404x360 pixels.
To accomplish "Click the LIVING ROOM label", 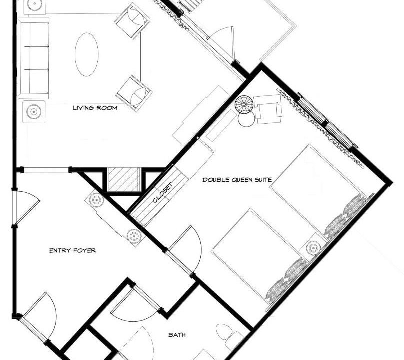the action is (95, 108).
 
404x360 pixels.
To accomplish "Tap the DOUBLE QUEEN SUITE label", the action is (237, 179).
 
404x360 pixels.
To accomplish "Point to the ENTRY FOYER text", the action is (72, 250).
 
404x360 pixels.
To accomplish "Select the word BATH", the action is (177, 335).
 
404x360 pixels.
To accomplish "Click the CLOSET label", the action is (162, 193).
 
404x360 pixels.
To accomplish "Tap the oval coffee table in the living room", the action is (87, 54).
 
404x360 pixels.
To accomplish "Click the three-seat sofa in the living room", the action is (34, 58).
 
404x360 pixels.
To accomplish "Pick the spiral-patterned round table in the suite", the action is (244, 104).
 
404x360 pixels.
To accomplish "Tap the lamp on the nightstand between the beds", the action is (313, 248).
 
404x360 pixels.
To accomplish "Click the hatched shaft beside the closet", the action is (124, 179).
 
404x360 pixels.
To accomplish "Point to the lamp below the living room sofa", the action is (34, 111).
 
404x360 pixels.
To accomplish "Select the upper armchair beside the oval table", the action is (133, 21).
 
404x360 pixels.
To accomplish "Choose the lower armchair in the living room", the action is (134, 94).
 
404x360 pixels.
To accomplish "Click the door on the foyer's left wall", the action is (26, 207).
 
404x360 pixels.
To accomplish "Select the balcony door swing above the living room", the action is (224, 42).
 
